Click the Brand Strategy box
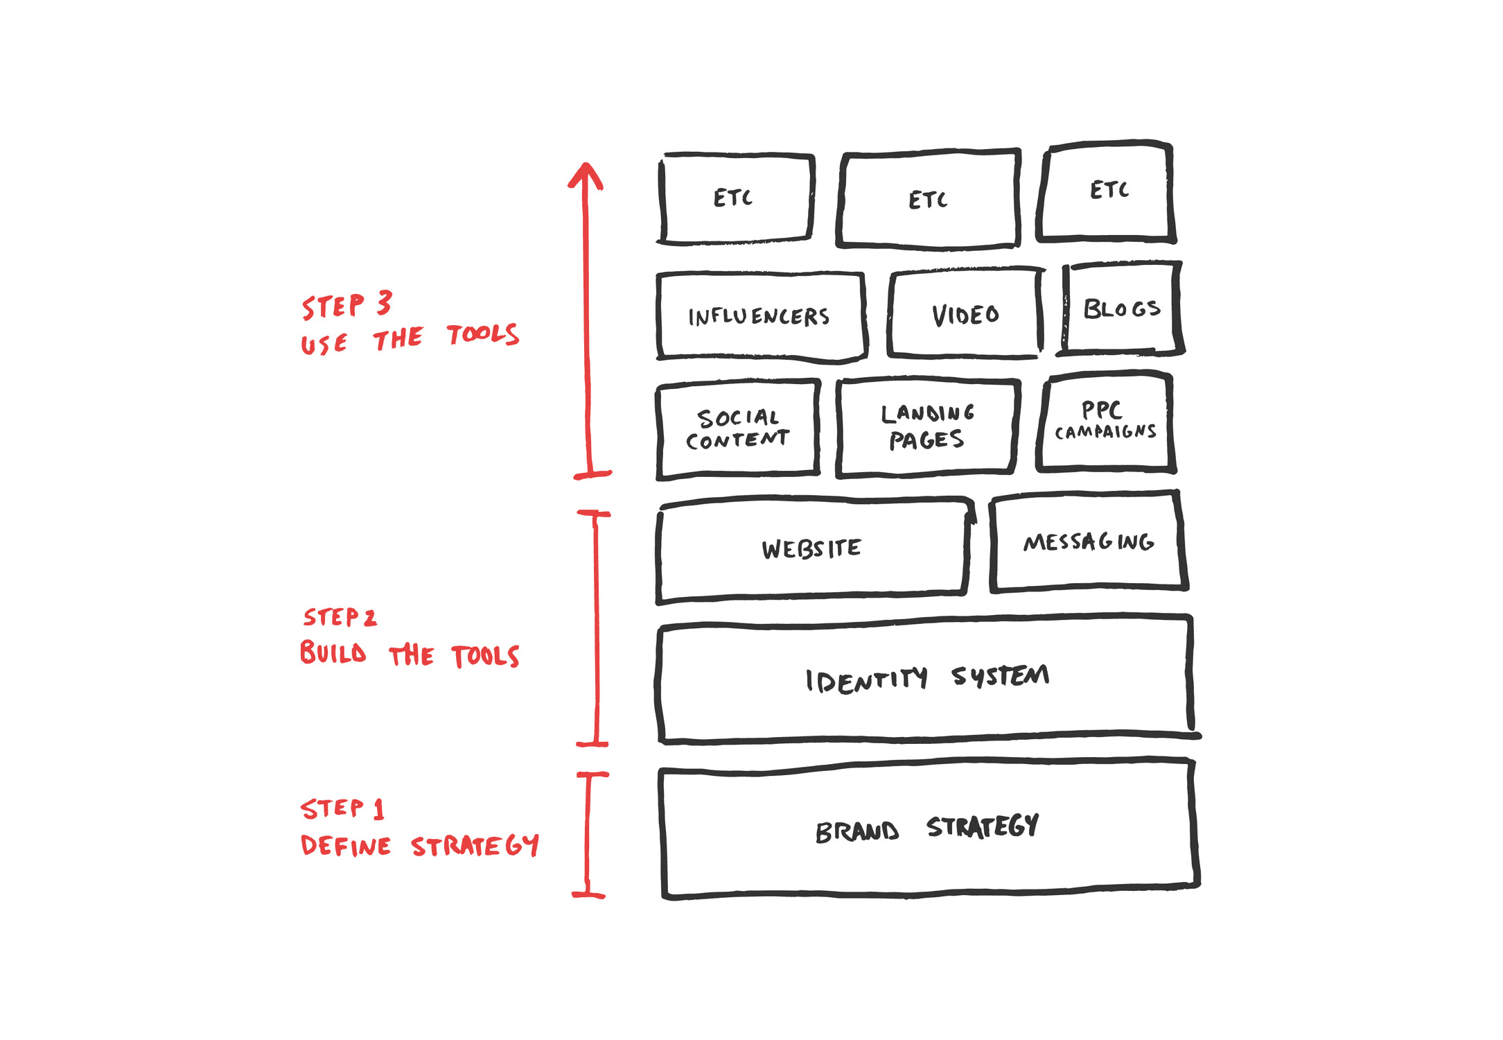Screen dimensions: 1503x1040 pyautogui.click(x=929, y=829)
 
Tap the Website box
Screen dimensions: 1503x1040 pyautogui.click(x=812, y=548)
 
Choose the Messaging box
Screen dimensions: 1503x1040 pyautogui.click(x=1088, y=541)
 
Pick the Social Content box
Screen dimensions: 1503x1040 pyautogui.click(x=738, y=428)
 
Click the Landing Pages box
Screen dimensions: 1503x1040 pyautogui.click(x=926, y=427)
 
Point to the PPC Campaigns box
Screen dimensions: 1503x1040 pyautogui.click(x=1105, y=422)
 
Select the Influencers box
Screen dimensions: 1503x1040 pyautogui.click(x=760, y=316)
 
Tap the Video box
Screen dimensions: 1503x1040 pyautogui.click(x=965, y=314)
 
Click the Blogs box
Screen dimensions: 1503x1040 pyautogui.click(x=1121, y=309)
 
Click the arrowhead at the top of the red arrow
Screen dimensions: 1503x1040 pyautogui.click(x=586, y=173)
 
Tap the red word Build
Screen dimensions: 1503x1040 pyautogui.click(x=333, y=652)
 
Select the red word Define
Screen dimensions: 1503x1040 pyautogui.click(x=346, y=846)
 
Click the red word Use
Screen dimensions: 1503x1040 pyautogui.click(x=324, y=344)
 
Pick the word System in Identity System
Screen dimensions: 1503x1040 pyautogui.click(x=1000, y=675)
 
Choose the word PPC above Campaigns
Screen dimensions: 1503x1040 pyautogui.click(x=1101, y=410)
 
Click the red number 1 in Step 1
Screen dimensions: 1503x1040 pyautogui.click(x=378, y=808)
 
